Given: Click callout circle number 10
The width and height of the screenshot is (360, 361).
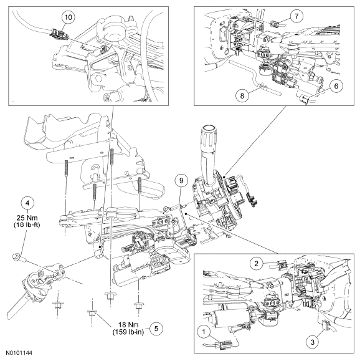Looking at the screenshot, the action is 69,17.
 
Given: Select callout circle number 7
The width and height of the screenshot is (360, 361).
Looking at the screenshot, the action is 296,16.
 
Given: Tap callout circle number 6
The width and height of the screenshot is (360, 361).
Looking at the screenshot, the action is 336,86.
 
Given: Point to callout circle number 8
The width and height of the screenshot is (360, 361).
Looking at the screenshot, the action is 242,95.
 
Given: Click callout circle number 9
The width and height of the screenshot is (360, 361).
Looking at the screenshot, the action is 181,181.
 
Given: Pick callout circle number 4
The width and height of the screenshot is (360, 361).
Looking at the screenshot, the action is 27,203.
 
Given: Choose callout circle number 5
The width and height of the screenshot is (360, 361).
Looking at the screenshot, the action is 156,329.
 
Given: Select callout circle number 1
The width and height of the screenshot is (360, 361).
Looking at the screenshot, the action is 204,332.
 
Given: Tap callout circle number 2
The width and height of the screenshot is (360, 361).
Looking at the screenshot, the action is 256,264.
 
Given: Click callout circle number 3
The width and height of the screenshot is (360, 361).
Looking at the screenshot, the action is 313,342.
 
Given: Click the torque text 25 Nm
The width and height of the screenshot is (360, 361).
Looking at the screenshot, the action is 27,218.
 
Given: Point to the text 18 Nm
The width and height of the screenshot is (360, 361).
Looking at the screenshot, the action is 128,325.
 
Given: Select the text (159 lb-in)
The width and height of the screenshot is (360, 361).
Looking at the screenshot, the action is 128,332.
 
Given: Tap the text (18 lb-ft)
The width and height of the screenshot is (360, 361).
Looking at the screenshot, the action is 27,224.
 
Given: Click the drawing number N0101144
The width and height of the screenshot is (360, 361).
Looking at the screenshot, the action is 19,353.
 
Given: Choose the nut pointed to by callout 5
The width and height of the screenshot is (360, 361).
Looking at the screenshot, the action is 92,314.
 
